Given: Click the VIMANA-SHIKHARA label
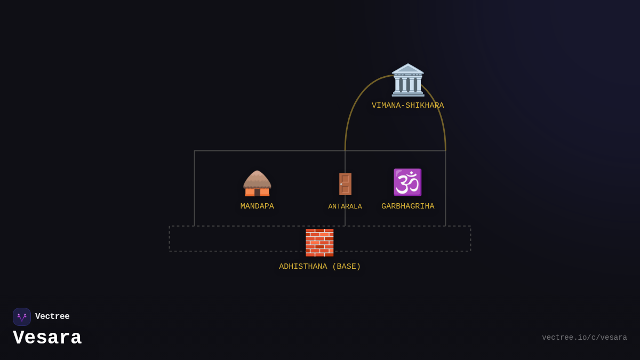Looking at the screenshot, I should (x=407, y=106).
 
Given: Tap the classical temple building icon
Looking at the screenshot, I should (x=408, y=80).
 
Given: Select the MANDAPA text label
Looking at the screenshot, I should (x=257, y=206).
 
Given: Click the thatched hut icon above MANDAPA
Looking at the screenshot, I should (x=257, y=183).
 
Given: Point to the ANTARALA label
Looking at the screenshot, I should (x=345, y=206).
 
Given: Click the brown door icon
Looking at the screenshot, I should (x=345, y=184).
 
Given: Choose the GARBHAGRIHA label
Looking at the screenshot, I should (x=408, y=206).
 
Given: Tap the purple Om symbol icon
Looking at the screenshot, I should (x=407, y=182).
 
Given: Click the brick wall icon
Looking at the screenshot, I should (x=319, y=242).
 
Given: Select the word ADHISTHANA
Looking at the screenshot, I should (x=303, y=267).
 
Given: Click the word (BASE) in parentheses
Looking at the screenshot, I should (x=347, y=267).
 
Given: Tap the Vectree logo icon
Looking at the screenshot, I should (x=22, y=317).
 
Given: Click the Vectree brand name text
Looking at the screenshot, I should (x=52, y=317).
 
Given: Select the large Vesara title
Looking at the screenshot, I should (x=47, y=338).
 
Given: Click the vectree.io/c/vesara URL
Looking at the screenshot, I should (x=585, y=338).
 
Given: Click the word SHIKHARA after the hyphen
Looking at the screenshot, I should (x=425, y=106).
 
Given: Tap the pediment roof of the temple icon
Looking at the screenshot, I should (x=408, y=69).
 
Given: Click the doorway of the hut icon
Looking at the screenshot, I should (x=257, y=192).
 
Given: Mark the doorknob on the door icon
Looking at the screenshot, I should (x=341, y=185).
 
